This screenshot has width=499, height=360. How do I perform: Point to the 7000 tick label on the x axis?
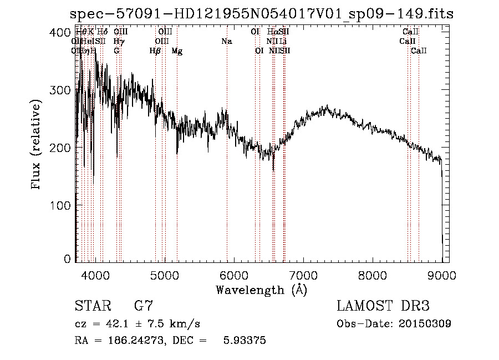click(x=303, y=275)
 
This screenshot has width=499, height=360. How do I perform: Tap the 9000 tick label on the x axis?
click(x=442, y=275)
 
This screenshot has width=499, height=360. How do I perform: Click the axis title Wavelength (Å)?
click(x=261, y=290)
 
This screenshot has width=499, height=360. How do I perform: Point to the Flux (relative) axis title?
click(x=37, y=145)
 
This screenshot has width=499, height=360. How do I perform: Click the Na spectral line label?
click(x=226, y=41)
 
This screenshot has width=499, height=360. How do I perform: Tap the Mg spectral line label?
click(x=177, y=51)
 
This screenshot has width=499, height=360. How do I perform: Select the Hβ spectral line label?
click(x=155, y=51)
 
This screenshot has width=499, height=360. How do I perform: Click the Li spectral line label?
click(x=283, y=41)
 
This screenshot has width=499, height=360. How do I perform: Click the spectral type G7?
click(x=143, y=306)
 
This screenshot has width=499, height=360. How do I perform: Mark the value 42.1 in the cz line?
click(x=114, y=324)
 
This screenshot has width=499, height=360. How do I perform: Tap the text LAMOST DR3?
click(x=383, y=306)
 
